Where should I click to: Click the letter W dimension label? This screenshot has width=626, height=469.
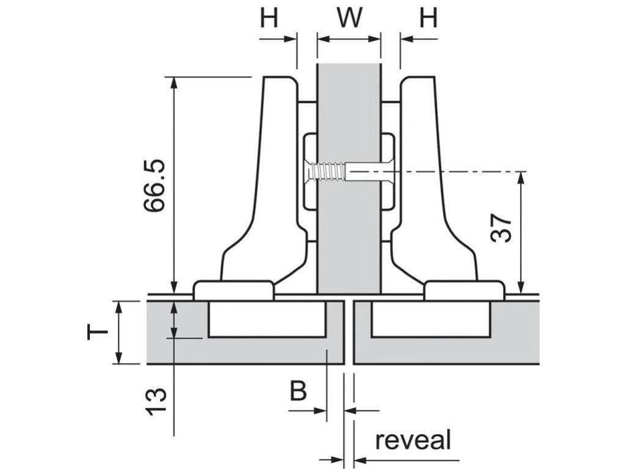(348, 18)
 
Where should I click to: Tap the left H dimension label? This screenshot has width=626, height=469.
(269, 18)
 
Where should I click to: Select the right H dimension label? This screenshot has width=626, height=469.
(429, 18)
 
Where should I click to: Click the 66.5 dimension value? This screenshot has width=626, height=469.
(154, 186)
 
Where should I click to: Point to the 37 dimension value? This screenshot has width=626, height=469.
(501, 228)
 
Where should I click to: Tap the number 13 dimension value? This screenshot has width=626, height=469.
(155, 402)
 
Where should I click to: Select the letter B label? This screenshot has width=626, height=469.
(298, 391)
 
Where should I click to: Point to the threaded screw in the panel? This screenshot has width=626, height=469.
(327, 172)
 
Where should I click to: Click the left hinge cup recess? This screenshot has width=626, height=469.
(266, 318)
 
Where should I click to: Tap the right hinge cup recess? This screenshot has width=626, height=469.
(430, 318)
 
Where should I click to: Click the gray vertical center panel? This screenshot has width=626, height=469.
(348, 244)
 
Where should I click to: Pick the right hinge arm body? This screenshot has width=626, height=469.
(428, 183)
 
